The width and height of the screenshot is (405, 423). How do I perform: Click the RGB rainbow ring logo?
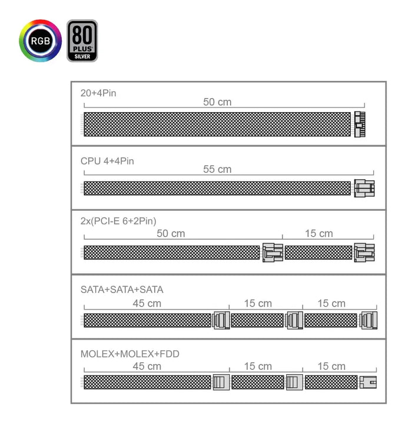point(40,41)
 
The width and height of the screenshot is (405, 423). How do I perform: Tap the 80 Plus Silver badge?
point(82,41)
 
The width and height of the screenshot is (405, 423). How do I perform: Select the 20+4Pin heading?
point(99,92)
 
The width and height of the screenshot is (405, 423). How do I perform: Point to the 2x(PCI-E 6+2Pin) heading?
point(118,221)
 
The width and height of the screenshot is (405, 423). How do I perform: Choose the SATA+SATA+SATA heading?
point(122,290)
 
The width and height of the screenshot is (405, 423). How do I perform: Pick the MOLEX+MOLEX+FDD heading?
point(130,354)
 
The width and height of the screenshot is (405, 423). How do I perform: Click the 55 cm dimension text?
point(217,169)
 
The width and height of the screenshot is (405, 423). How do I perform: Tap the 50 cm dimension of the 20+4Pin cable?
point(217,102)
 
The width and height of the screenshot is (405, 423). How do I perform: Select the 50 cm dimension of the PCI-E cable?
point(171,233)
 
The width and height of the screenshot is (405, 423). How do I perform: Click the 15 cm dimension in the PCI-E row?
point(318,233)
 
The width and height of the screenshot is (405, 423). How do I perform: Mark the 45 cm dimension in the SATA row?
point(147,303)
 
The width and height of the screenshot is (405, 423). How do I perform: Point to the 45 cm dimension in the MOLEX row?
point(147,366)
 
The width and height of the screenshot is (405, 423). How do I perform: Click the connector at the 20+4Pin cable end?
point(360,124)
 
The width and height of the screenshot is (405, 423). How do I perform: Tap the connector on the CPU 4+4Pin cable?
point(364,188)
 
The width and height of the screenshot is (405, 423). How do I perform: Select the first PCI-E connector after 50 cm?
point(272,253)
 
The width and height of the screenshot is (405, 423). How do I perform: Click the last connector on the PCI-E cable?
point(364,253)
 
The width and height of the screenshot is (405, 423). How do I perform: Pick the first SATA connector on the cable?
point(221,320)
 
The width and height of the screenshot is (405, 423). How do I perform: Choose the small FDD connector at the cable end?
point(368,382)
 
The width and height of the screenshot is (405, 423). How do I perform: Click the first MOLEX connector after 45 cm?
point(221,382)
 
